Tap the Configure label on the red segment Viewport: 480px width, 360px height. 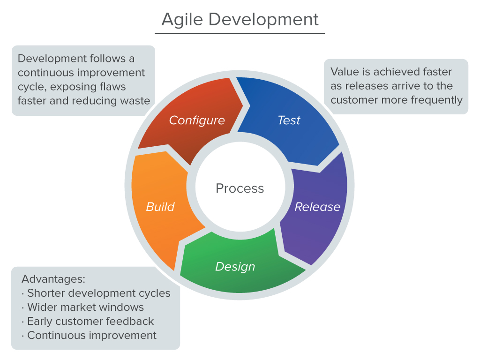click(197, 120)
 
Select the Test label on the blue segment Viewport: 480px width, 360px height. click(289, 120)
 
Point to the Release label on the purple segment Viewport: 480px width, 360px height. click(317, 207)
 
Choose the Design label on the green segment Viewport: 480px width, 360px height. click(235, 267)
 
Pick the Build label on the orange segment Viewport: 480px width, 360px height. click(160, 207)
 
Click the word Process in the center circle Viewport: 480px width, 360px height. click(240, 188)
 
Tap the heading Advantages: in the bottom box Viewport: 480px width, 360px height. click(53, 279)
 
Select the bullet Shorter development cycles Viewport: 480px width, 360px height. click(98, 293)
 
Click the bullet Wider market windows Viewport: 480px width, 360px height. click(85, 307)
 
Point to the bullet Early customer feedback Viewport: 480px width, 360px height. click(90, 321)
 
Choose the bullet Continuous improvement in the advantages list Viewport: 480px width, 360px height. click(92, 335)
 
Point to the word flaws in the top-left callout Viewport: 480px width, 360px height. click(113, 87)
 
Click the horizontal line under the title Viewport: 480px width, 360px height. click(240, 33)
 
